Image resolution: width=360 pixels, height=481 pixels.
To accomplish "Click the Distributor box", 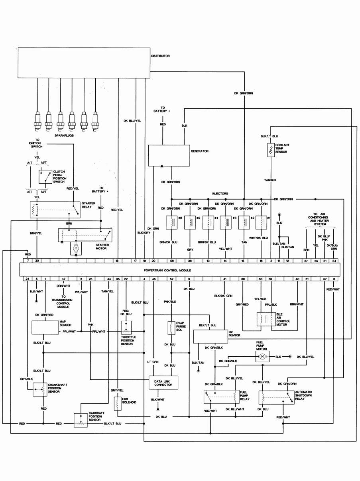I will (x=84, y=63).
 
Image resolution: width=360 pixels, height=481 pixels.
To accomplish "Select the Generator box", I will (x=169, y=155).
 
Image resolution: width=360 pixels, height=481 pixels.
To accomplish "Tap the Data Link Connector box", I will (x=163, y=383).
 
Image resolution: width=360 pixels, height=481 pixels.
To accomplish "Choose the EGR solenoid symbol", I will (x=118, y=403).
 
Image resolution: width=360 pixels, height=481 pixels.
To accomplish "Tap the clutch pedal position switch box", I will (x=45, y=177).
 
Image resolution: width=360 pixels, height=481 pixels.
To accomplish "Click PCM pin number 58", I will (x=171, y=260).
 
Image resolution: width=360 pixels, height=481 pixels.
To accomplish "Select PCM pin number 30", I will (x=37, y=260).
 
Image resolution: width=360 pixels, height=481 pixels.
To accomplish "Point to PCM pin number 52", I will (x=171, y=279).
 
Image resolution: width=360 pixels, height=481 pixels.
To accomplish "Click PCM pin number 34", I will (x=334, y=260).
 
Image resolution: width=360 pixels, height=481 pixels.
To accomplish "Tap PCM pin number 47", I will (x=64, y=279).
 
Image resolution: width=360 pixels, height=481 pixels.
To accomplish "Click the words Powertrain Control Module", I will (x=167, y=270).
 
